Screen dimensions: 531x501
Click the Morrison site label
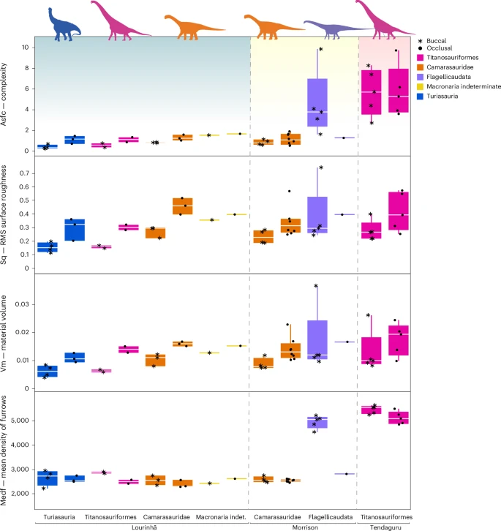(x=303, y=526)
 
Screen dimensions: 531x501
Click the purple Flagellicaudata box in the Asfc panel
(x=317, y=103)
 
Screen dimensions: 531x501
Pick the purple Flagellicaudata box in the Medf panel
(x=317, y=423)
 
